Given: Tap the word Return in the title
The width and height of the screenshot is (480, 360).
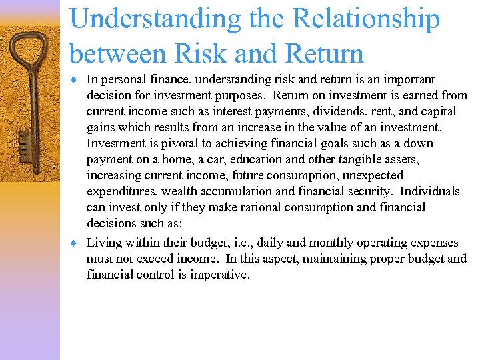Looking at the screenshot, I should coord(318,54).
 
